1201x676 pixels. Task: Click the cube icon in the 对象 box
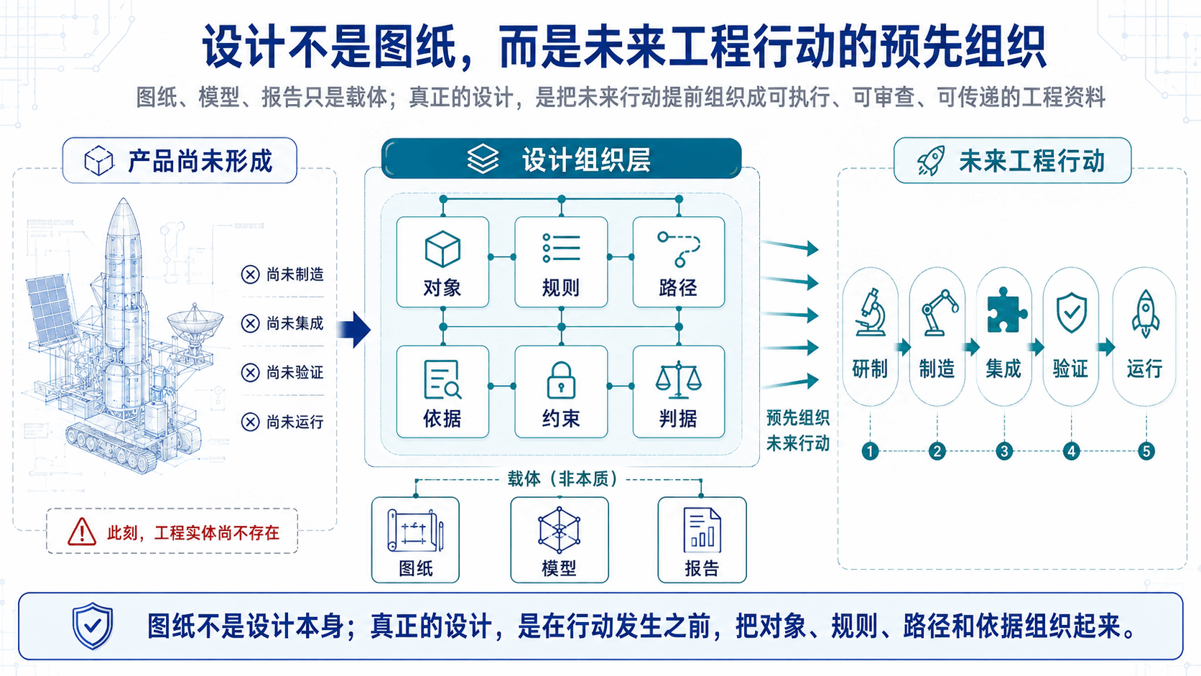442,249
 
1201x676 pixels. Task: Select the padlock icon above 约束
561,380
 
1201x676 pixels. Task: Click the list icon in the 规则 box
561,248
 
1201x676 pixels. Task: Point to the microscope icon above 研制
870,312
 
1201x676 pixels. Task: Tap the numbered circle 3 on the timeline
1004,451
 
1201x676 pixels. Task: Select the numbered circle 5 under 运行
1146,451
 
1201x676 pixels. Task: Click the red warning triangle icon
82,532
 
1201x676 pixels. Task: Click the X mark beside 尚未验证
250,372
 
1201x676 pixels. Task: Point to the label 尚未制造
295,274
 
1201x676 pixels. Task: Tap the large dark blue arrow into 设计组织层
354,329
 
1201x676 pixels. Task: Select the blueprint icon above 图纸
415,530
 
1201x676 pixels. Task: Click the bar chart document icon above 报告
702,530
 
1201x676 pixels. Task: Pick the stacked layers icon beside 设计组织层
483,159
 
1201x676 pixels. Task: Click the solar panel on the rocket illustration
50,309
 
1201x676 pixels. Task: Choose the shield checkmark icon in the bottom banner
93,626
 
